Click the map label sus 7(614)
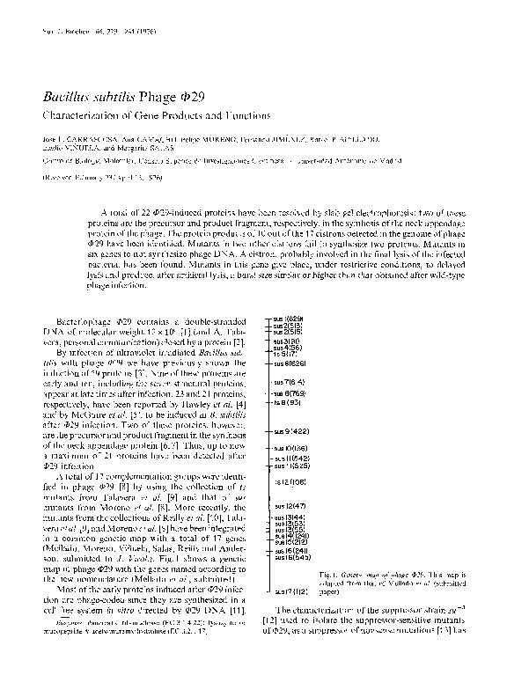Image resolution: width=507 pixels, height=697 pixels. coord(289,382)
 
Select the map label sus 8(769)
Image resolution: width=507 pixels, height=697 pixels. coord(289,393)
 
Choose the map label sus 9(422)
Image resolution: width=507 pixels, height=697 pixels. coord(290,432)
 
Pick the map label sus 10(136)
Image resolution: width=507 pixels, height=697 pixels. coord(290,450)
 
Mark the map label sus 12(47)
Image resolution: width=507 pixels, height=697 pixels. coord(290,506)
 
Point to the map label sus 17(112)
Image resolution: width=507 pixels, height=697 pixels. coord(290,591)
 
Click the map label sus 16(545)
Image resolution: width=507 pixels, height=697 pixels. coord(290,557)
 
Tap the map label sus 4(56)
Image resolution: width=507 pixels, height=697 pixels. coord(289,347)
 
